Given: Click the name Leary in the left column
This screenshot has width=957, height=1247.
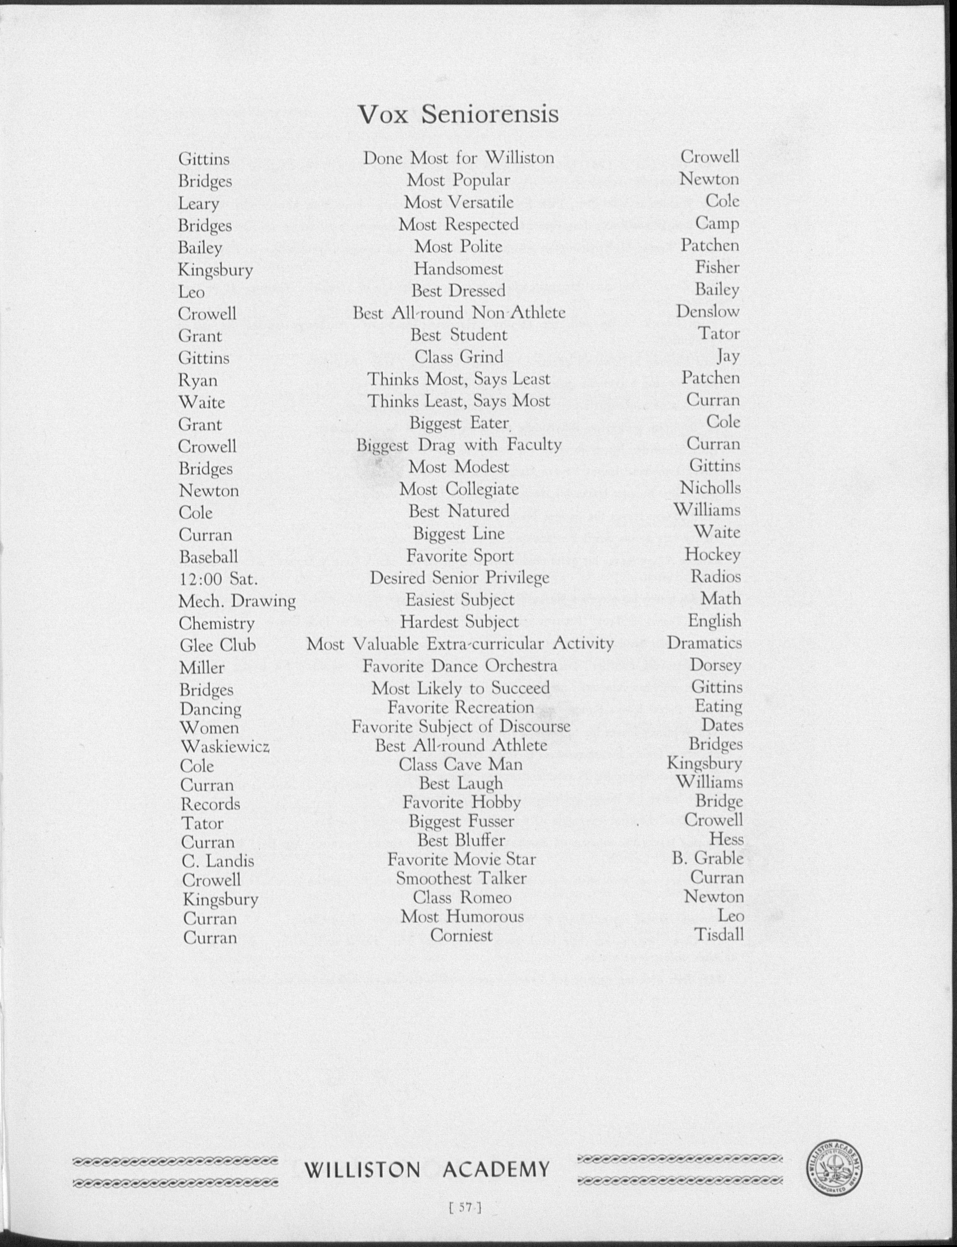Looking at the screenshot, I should point(198,204).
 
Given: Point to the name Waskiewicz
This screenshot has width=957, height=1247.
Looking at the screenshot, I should point(225,746).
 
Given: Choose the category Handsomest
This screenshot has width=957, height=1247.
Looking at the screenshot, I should point(458,268).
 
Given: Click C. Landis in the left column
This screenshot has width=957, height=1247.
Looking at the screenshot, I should point(218,861).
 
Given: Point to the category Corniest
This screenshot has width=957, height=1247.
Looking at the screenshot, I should point(461,935).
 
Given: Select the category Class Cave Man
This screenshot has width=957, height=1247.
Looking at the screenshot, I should point(460,764).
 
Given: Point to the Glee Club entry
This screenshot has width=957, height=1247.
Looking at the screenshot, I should point(218,645).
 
